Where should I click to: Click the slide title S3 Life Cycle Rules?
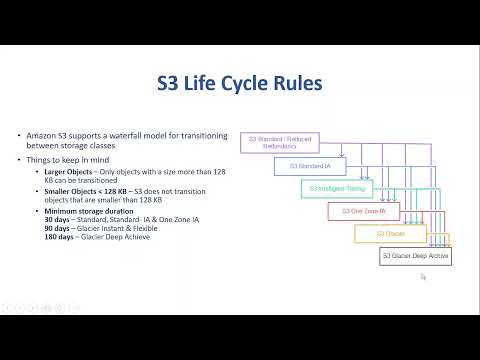[239, 82]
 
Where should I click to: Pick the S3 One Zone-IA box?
[363, 211]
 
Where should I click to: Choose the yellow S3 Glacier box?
[389, 234]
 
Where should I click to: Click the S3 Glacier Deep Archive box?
[415, 257]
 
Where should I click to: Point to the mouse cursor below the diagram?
[423, 277]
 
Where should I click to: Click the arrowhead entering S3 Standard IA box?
[343, 157]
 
